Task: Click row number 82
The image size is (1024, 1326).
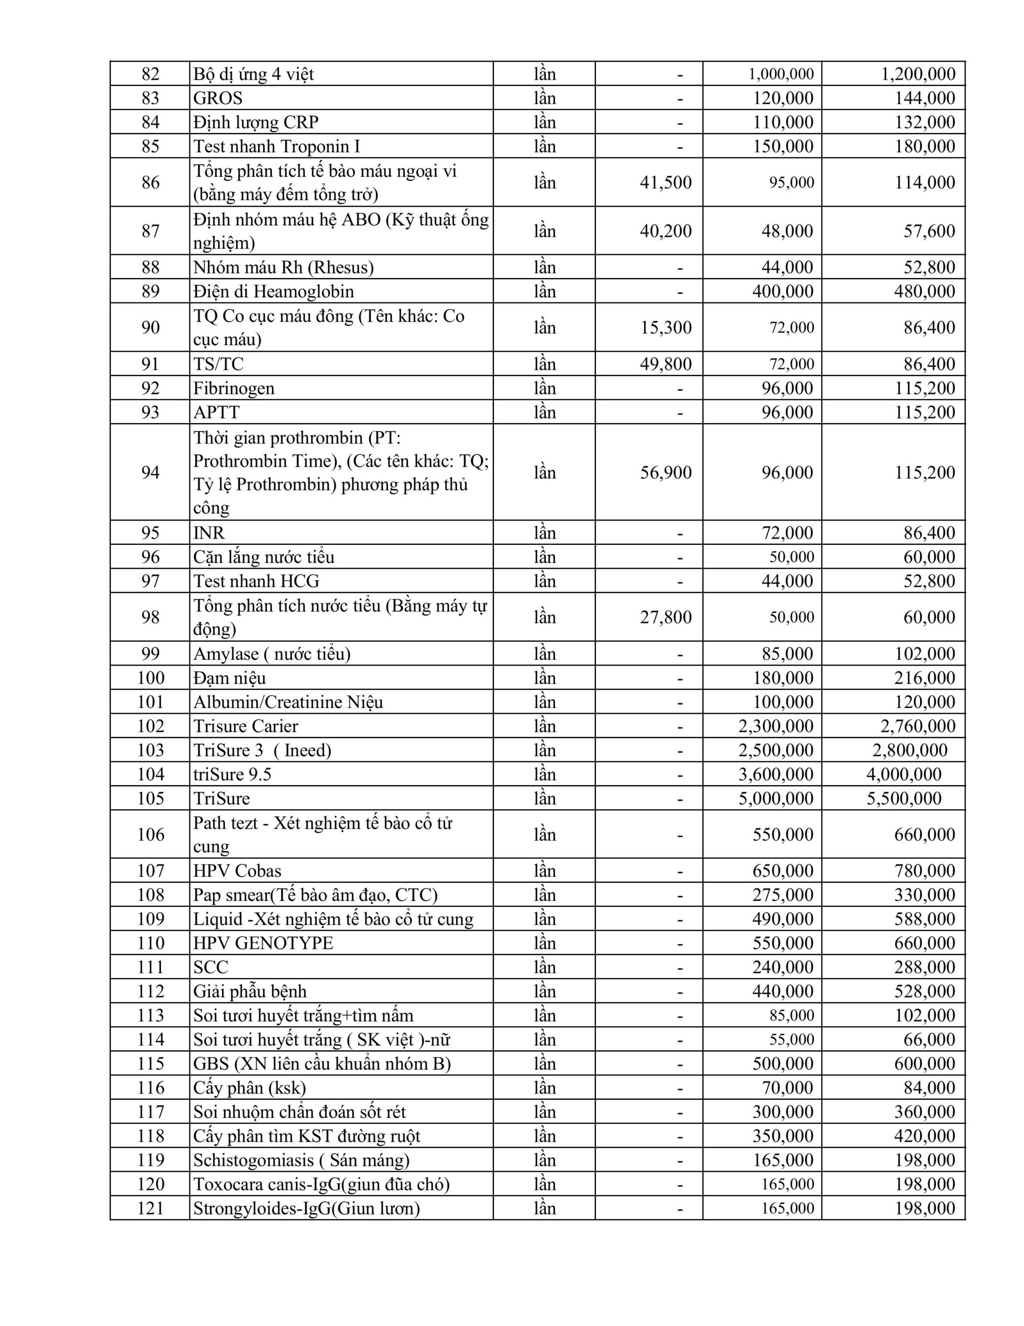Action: coord(150,74)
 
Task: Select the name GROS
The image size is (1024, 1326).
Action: coord(218,98)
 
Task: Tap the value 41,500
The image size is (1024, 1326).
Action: coord(665,183)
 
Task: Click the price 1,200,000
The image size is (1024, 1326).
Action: coord(918,74)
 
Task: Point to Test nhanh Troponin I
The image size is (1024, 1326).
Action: coord(277,146)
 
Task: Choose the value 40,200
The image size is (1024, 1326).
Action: coord(665,230)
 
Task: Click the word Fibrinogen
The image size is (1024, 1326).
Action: coord(233,388)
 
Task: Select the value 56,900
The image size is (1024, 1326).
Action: coord(665,472)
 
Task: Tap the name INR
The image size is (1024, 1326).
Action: coord(209,532)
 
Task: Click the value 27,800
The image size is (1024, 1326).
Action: coord(665,617)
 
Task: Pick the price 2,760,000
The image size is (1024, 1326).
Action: coord(918,726)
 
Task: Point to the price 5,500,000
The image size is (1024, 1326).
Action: coord(904,798)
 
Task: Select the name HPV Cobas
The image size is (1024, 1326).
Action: coord(237,871)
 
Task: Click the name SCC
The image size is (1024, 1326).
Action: coord(211,967)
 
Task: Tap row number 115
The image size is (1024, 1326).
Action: coord(150,1064)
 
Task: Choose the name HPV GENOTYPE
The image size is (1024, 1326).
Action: coord(263,943)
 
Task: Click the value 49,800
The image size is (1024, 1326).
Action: coord(665,364)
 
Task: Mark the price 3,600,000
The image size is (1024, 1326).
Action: coord(775,775)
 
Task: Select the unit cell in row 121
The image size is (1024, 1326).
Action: coord(545,1208)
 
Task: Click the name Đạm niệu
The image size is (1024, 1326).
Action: coord(229,678)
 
